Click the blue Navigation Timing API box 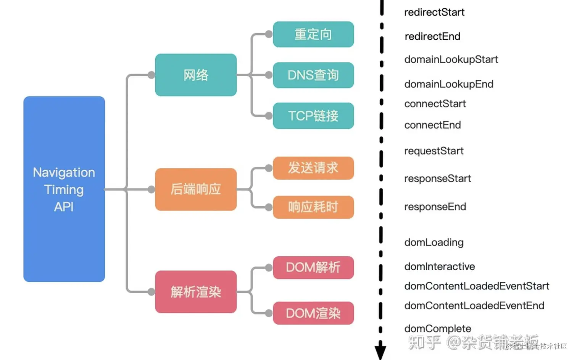[64, 189]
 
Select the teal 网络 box [196, 75]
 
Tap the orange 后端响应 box [196, 189]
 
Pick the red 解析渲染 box [196, 292]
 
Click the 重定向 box [313, 34]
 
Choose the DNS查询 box [313, 75]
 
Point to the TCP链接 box [313, 116]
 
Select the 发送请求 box [313, 168]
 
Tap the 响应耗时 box [313, 207]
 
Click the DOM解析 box [313, 267]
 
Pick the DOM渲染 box [313, 313]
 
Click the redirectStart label [434, 12]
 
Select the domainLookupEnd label [449, 84]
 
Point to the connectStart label [435, 104]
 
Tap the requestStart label [434, 151]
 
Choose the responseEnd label [435, 207]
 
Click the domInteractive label [440, 267]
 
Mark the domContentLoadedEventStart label [477, 286]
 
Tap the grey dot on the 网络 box [152, 75]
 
